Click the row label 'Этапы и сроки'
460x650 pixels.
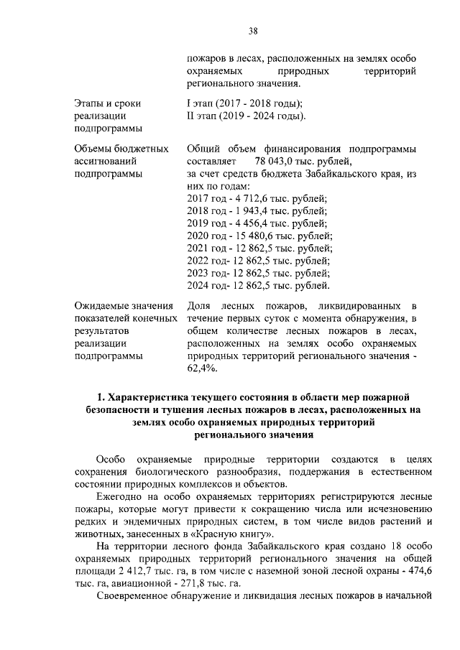pos(108,103)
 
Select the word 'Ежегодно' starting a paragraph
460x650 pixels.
pos(118,496)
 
